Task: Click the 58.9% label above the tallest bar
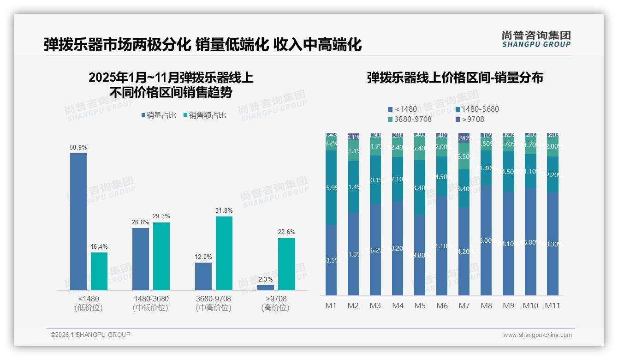pyautogui.click(x=78, y=147)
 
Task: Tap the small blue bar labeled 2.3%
pyautogui.click(x=266, y=288)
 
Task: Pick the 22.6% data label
pyautogui.click(x=286, y=232)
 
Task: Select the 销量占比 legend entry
pyautogui.click(x=158, y=115)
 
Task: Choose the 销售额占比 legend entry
pyautogui.click(x=205, y=115)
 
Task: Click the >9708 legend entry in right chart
pyautogui.click(x=470, y=120)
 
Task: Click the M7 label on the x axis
pyautogui.click(x=464, y=306)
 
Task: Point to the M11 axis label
pyautogui.click(x=552, y=306)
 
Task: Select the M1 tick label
pyautogui.click(x=331, y=306)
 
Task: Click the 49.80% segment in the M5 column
pyautogui.click(x=420, y=255)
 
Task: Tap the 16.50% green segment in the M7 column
pyautogui.click(x=464, y=156)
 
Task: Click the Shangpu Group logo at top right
pyautogui.click(x=536, y=39)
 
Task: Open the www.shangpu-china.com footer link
pyautogui.click(x=537, y=335)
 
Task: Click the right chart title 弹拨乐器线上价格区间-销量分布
pyautogui.click(x=455, y=78)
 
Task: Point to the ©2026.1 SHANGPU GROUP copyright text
pyautogui.click(x=90, y=335)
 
